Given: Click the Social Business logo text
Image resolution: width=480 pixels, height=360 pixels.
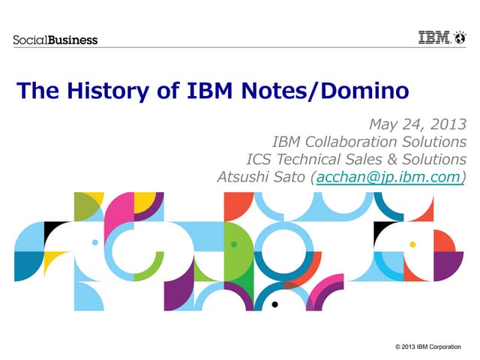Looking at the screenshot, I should coord(55,39).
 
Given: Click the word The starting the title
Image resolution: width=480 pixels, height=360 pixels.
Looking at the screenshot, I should coord(37,91).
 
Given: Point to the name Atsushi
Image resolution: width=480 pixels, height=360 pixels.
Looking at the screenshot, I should coord(241,177).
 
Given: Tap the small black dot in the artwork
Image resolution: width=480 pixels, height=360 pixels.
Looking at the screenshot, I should coord(275,304).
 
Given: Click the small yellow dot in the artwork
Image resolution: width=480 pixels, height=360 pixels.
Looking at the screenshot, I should coord(412,244).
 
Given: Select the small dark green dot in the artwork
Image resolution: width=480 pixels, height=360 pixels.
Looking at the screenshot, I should coord(234,244).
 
